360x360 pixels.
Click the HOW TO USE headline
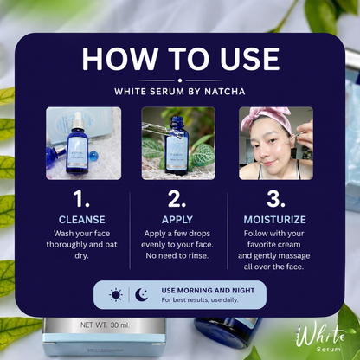tap(181, 59)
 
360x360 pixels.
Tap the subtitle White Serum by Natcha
tap(180, 92)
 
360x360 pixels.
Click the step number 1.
tap(81, 199)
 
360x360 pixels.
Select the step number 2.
tap(177, 199)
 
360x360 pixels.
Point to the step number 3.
tap(276, 199)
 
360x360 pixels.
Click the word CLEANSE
tap(82, 220)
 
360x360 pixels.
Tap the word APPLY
tap(177, 220)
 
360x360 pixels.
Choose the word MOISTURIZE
tap(274, 220)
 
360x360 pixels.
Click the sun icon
tap(116, 295)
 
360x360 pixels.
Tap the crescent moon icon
tap(142, 295)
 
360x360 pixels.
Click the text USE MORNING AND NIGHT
tap(208, 291)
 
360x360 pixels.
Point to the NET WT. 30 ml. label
tap(105, 325)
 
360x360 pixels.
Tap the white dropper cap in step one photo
tap(78, 120)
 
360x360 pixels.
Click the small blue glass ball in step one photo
tap(93, 156)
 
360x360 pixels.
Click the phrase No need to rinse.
tap(177, 255)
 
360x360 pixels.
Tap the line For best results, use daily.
tap(200, 300)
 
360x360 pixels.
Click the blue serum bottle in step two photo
tap(177, 145)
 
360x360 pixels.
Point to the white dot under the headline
tap(180, 80)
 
